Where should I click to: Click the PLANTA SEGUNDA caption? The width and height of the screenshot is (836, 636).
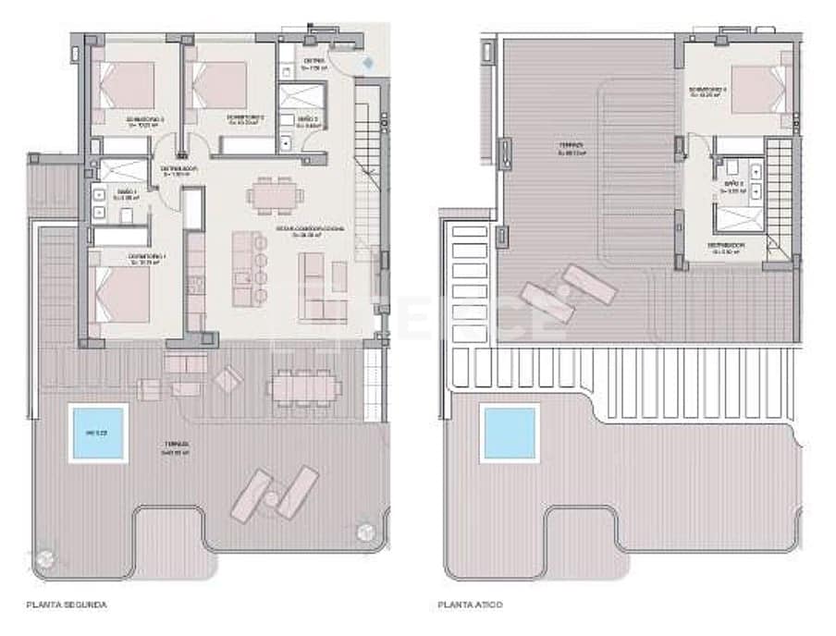67,605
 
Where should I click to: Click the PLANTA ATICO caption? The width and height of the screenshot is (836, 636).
471,605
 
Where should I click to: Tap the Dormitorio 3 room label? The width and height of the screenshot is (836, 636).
146,120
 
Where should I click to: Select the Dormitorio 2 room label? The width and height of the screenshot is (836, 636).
246,118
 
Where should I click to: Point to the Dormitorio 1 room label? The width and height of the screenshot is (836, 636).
148,257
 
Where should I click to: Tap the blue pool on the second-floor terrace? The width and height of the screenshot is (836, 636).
97,433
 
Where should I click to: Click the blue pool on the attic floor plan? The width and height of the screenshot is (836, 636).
510,433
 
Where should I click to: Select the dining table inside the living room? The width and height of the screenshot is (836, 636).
274,195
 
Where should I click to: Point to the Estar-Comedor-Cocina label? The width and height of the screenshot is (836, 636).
306,231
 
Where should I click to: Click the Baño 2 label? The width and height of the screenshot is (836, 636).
308,121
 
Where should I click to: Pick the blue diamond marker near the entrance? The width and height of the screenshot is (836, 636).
369,62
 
